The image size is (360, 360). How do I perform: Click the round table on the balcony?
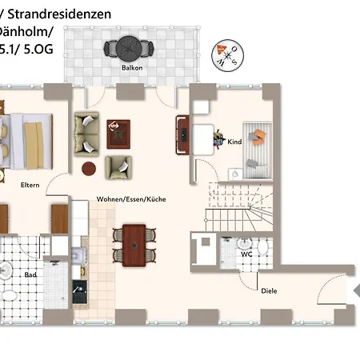(x=126, y=50)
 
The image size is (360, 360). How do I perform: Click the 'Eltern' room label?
(x=30, y=185)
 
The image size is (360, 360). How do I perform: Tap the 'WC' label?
(x=246, y=254)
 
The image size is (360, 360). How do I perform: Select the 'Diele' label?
(x=269, y=290)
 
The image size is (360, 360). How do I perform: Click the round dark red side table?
(x=90, y=170)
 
